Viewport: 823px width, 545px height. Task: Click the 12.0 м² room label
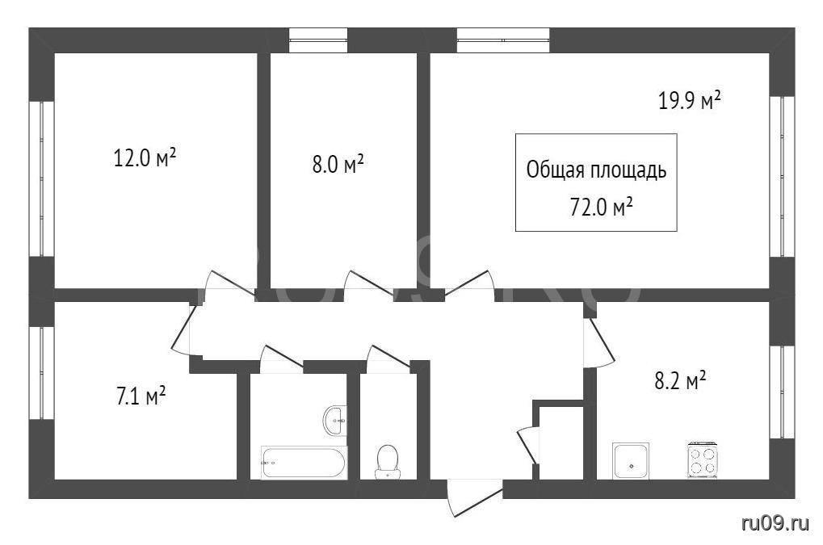pyautogui.click(x=145, y=157)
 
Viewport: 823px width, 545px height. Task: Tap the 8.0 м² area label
pyautogui.click(x=338, y=164)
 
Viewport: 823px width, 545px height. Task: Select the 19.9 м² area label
pyautogui.click(x=689, y=100)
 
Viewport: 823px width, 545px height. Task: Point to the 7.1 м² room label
pyautogui.click(x=141, y=396)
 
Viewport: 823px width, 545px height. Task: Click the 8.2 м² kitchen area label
pyautogui.click(x=680, y=381)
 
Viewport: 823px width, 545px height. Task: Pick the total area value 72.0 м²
pyautogui.click(x=600, y=208)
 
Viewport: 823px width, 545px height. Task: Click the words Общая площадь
pyautogui.click(x=596, y=170)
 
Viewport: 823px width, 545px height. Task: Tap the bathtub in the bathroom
pyautogui.click(x=304, y=462)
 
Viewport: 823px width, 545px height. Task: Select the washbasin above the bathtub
pyautogui.click(x=335, y=420)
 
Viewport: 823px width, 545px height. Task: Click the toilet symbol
pyautogui.click(x=388, y=462)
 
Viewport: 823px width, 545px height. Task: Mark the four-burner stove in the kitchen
pyautogui.click(x=703, y=460)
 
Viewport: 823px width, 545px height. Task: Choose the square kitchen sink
pyautogui.click(x=630, y=460)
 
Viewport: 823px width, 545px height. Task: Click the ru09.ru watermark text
pyautogui.click(x=775, y=522)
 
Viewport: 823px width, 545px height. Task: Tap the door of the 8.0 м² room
pyautogui.click(x=368, y=285)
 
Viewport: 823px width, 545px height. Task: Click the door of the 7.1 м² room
pyautogui.click(x=184, y=329)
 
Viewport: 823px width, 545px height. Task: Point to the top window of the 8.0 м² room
pyautogui.click(x=318, y=40)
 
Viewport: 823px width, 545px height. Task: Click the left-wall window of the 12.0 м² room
pyautogui.click(x=41, y=178)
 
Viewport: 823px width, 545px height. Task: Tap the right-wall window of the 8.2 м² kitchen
pyautogui.click(x=782, y=392)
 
